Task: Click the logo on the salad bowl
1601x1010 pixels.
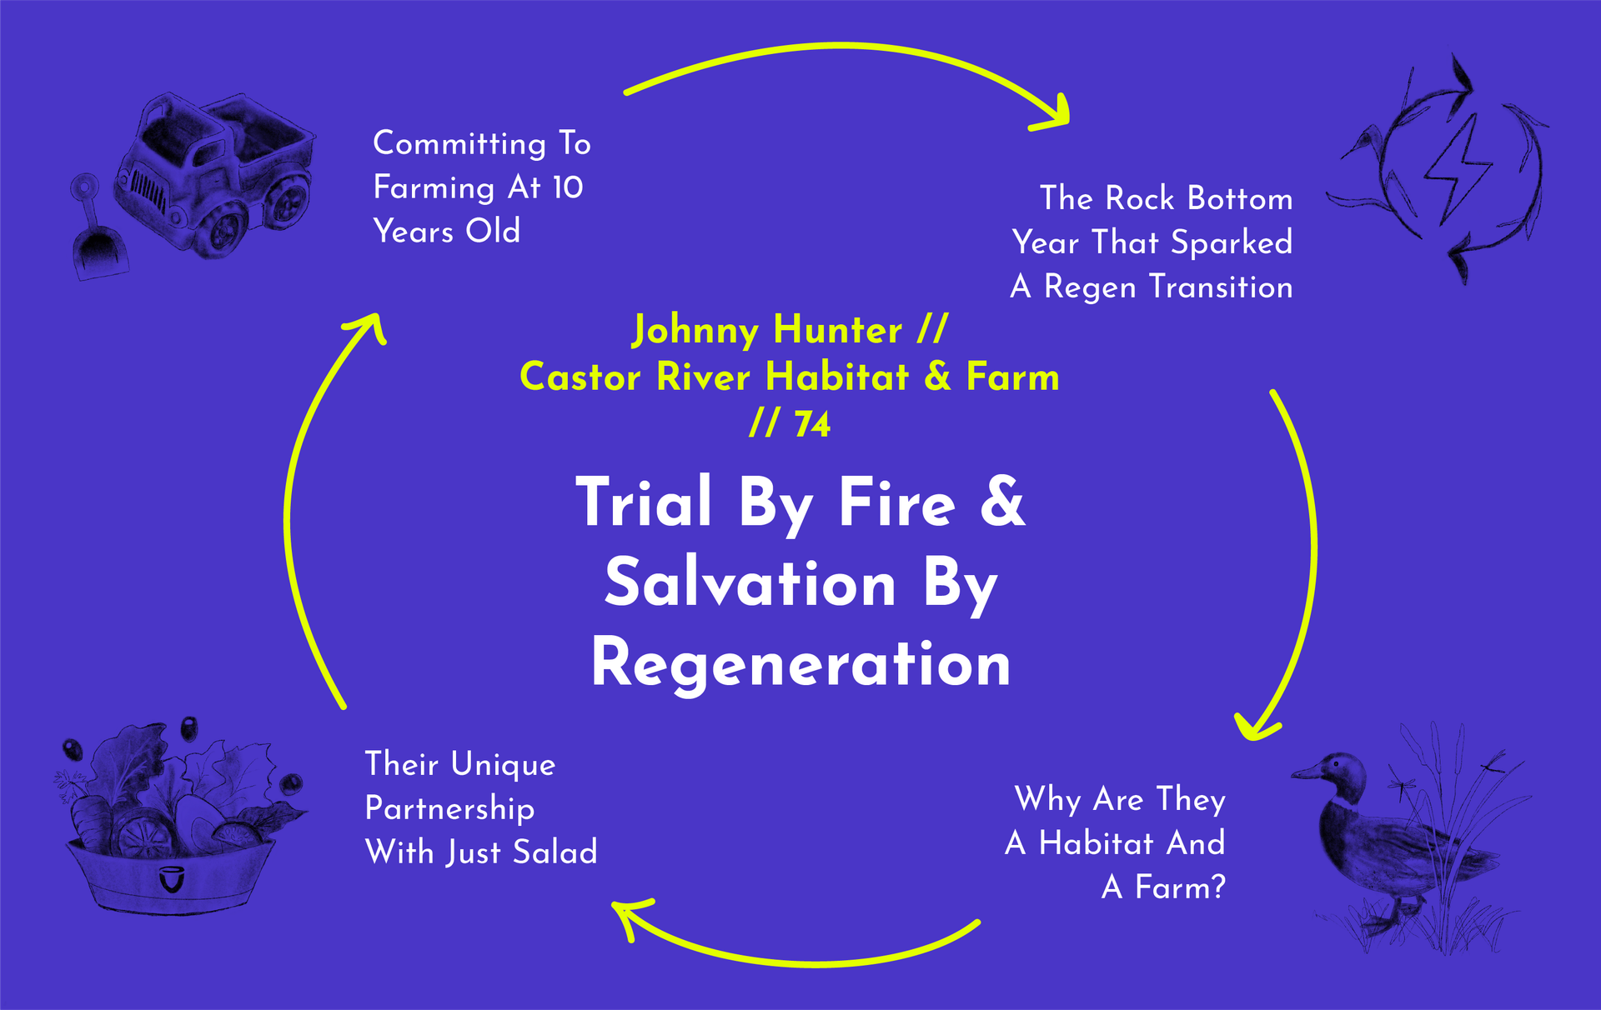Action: (172, 879)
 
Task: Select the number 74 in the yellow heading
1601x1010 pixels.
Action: (812, 424)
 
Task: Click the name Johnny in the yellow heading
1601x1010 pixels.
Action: (695, 330)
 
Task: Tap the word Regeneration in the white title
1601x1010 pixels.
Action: (800, 663)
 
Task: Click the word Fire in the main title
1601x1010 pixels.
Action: (896, 502)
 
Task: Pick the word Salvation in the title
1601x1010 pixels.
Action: (750, 583)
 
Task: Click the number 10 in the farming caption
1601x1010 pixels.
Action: (568, 187)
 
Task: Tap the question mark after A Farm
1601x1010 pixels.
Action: (1218, 887)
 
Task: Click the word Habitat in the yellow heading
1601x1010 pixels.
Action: (837, 377)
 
